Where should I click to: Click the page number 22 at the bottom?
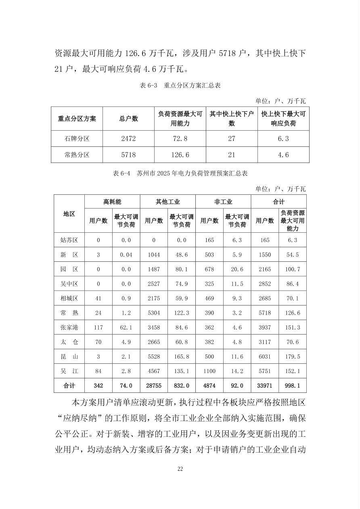(x=180, y=469)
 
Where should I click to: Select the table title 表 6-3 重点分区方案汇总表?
(x=180, y=86)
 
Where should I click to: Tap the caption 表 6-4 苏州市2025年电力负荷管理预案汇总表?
(x=180, y=173)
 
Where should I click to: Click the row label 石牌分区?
(x=77, y=139)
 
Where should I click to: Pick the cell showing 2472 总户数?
(x=128, y=139)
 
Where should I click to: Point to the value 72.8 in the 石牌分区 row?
(x=180, y=139)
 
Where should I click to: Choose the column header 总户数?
(x=128, y=119)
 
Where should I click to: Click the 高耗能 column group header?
(x=112, y=202)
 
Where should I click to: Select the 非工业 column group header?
(x=223, y=202)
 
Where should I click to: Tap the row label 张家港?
(x=69, y=328)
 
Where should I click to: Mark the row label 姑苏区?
(x=69, y=240)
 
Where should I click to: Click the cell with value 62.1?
(x=126, y=328)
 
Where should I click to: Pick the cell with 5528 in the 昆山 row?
(x=154, y=357)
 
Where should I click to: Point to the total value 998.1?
(x=293, y=386)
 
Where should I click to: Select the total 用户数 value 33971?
(x=265, y=386)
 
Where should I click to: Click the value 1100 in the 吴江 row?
(x=209, y=371)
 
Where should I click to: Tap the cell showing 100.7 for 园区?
(x=293, y=269)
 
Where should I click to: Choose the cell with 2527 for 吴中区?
(x=154, y=284)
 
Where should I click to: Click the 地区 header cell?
(x=69, y=214)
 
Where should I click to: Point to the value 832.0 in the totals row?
(x=182, y=386)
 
